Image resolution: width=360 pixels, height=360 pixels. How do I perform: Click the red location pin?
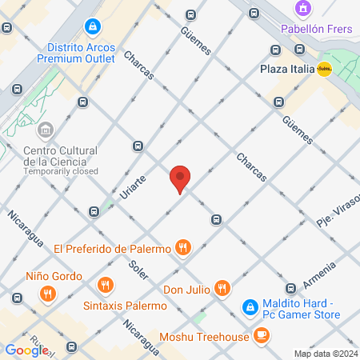(x=180, y=178)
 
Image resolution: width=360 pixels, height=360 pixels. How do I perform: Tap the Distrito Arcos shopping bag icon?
(x=94, y=28)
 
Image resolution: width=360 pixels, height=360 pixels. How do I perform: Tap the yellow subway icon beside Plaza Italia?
(x=324, y=69)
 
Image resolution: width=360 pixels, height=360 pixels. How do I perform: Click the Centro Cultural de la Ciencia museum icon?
(x=46, y=130)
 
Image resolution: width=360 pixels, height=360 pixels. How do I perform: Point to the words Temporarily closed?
(x=61, y=171)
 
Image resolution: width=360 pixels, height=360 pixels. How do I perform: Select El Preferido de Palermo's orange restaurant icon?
(x=184, y=248)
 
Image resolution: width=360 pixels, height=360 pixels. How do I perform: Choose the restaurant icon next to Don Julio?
(x=222, y=288)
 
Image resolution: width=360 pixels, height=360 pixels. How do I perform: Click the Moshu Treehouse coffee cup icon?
(x=262, y=336)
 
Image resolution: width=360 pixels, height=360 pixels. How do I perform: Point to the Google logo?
(x=26, y=350)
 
